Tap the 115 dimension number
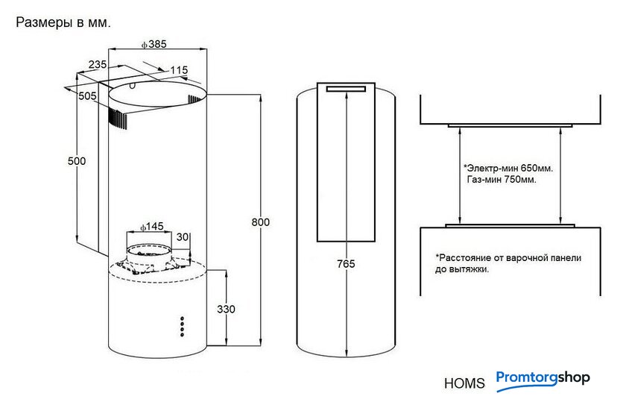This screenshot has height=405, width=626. tap(179, 70)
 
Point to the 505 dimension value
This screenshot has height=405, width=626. tap(87, 95)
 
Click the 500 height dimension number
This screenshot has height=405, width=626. tap(77, 161)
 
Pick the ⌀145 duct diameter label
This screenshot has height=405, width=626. tap(152, 226)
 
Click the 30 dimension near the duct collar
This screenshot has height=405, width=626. tap(183, 237)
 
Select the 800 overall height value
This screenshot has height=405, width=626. tap(260, 222)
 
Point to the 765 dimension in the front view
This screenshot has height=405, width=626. tap(346, 264)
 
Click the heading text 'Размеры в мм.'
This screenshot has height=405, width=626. tap(63, 22)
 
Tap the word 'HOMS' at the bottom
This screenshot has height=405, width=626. tap(464, 384)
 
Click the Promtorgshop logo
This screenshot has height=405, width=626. tap(543, 378)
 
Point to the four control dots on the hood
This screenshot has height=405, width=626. tap(181, 327)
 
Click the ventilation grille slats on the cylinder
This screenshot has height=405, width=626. tap(117, 117)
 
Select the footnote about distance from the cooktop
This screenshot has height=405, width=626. tap(508, 263)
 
